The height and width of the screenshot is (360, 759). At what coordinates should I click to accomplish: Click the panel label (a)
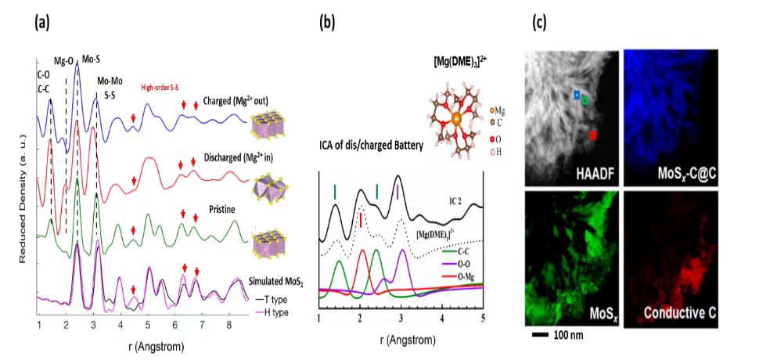(x=41, y=22)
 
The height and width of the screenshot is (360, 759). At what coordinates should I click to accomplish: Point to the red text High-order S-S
(x=164, y=88)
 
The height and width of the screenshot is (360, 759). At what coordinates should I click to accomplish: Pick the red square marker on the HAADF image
(x=593, y=135)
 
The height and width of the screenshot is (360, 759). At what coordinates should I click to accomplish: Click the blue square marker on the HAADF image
(x=577, y=95)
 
